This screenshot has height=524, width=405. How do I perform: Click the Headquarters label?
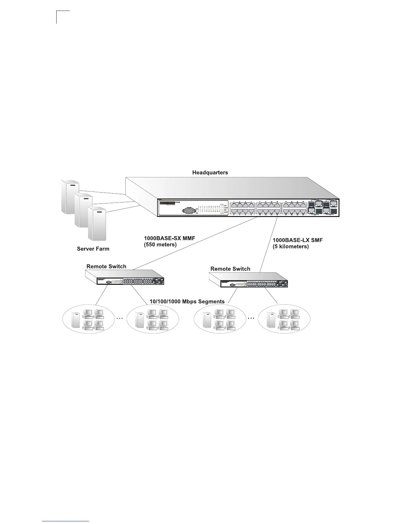coord(210,173)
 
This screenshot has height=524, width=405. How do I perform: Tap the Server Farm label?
coord(93,249)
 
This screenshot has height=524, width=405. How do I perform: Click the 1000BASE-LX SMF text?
coord(297,240)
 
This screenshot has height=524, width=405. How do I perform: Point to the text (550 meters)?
coord(160,245)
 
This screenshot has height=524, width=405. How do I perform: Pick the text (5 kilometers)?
coord(291,246)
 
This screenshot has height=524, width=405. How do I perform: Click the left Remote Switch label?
coord(106,266)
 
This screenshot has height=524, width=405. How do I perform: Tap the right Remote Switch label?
coord(230,269)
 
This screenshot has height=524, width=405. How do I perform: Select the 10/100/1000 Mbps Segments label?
coord(187,301)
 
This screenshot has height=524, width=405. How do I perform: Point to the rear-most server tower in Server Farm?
coord(70,196)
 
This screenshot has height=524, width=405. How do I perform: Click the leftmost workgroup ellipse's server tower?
coord(76,321)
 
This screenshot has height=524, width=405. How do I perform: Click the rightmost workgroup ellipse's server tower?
coord(271,321)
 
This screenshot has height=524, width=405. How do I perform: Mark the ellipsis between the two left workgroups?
coord(119,319)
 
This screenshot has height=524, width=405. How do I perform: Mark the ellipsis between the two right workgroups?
coord(251,319)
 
